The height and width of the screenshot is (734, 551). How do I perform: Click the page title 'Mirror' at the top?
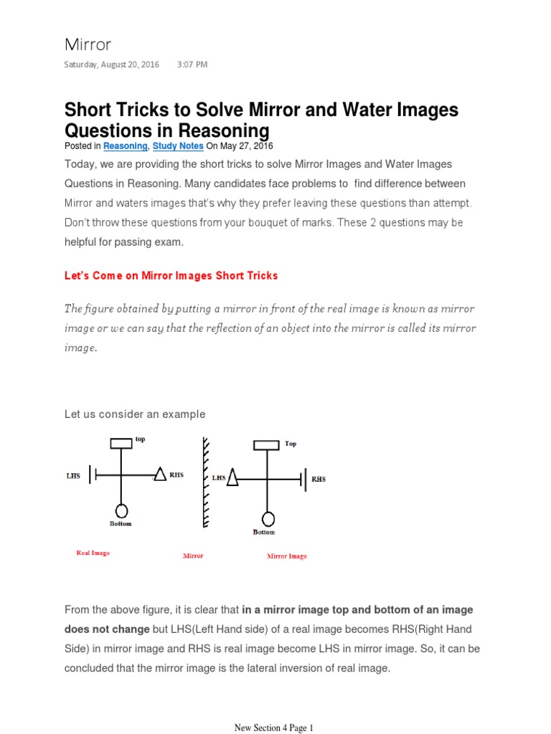tap(88, 44)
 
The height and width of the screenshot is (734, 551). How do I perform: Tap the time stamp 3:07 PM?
tap(192, 65)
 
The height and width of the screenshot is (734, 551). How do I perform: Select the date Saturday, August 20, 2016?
tap(113, 65)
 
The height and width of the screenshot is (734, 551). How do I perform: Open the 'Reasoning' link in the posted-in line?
tap(125, 146)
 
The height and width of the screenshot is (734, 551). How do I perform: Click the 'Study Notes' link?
tap(176, 146)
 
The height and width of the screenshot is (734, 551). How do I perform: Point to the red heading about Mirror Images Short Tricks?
tap(171, 275)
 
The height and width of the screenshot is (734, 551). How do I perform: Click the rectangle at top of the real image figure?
tap(121, 443)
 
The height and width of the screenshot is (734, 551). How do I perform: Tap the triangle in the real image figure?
tap(161, 474)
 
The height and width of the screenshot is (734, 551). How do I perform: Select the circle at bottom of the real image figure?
tap(121, 510)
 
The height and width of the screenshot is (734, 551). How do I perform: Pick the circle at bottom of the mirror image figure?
tap(268, 518)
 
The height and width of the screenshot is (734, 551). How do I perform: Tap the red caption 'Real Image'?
tap(93, 553)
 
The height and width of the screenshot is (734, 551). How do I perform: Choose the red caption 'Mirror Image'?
tap(287, 556)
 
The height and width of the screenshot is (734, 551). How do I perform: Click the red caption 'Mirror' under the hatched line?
tap(193, 556)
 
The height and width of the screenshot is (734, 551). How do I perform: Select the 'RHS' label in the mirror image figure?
tap(319, 479)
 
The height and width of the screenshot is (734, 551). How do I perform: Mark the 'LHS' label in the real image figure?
tap(73, 475)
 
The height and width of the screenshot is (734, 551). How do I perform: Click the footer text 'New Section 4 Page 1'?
tap(275, 728)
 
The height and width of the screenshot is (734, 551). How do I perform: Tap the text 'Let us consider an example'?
tap(135, 414)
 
